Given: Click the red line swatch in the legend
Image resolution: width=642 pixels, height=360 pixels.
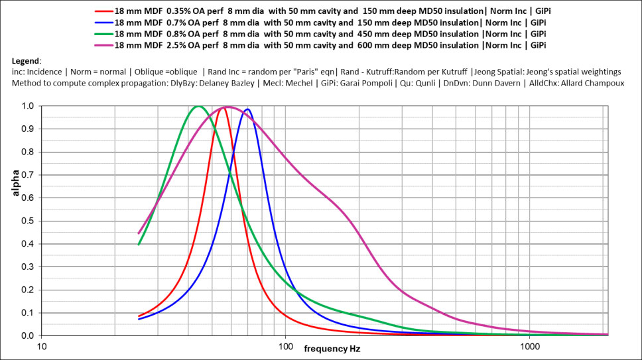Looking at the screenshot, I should tap(103, 11).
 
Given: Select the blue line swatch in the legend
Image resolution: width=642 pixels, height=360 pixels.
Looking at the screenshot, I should tap(103, 22).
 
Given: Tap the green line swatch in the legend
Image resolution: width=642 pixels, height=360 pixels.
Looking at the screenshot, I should tap(103, 32).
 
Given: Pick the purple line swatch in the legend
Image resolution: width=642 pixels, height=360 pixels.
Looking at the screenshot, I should tap(103, 44).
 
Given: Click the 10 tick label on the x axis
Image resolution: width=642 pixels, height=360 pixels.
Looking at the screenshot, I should tap(42, 347).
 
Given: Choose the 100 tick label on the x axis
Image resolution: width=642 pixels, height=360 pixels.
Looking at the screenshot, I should tap(286, 347).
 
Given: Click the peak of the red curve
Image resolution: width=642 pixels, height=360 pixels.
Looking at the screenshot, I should tap(224, 107).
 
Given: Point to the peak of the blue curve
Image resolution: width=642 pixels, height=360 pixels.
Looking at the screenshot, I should tap(247, 109).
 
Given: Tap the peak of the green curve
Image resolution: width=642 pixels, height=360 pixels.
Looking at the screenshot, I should tap(198, 106).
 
